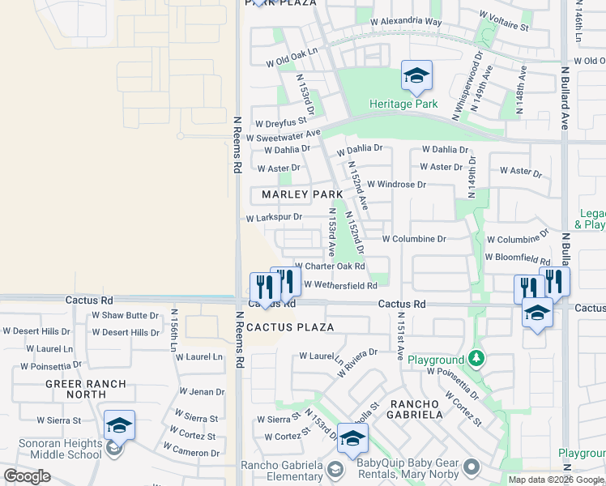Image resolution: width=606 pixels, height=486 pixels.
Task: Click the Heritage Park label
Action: pyautogui.click(x=403, y=104)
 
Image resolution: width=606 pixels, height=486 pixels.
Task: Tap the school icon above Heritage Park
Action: pyautogui.click(x=416, y=77)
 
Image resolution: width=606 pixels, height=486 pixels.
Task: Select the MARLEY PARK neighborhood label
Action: pyautogui.click(x=302, y=194)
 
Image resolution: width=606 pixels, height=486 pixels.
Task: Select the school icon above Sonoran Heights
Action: pyautogui.click(x=119, y=425)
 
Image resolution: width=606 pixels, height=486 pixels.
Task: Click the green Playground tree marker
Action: pyautogui.click(x=477, y=357)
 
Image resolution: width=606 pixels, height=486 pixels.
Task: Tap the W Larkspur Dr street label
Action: pyautogui.click(x=274, y=217)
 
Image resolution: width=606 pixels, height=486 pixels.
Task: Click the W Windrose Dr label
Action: pyautogui.click(x=396, y=185)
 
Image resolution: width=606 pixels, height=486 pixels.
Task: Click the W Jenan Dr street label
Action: pyautogui.click(x=202, y=392)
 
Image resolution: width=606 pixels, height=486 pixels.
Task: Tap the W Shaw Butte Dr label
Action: pyautogui.click(x=125, y=315)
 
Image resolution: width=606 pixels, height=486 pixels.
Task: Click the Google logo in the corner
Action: pyautogui.click(x=27, y=475)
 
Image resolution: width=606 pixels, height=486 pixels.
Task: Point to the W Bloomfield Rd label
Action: pyautogui.click(x=517, y=258)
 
